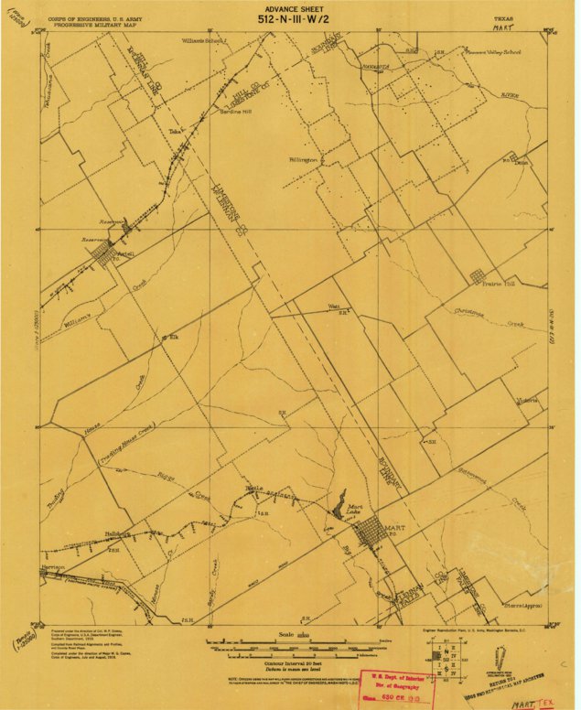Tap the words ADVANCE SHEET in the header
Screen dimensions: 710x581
[288, 6]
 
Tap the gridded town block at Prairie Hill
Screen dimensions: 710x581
[476, 274]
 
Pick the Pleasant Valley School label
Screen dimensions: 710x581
[496, 52]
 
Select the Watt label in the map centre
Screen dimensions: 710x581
[334, 306]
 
